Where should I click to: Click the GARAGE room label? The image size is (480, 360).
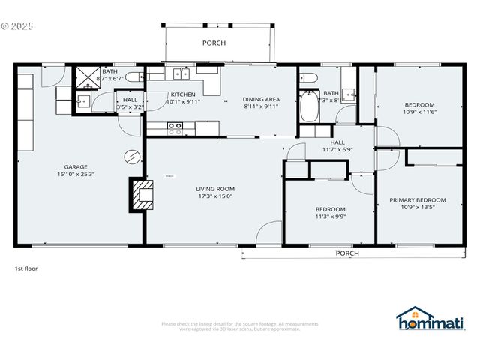[x=76, y=167]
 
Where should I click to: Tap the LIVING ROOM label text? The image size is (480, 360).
[x=216, y=189]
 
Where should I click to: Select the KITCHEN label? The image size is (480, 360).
[x=182, y=94]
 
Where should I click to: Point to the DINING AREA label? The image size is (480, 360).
[x=261, y=99]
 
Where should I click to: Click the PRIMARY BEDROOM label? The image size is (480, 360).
[x=418, y=200]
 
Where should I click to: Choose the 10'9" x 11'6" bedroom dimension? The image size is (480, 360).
[x=420, y=112]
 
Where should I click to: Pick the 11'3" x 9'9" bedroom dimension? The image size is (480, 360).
[x=330, y=216]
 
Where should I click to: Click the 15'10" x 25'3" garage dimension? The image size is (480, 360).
[x=76, y=175]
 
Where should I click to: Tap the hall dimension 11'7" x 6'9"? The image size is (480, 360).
[x=337, y=149]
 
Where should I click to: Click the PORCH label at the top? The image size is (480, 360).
[x=214, y=43]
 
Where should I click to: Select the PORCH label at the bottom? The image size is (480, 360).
[x=346, y=253]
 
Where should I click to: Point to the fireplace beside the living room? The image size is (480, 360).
[x=140, y=194]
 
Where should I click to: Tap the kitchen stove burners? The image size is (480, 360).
[x=175, y=128]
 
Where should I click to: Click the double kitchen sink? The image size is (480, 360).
[x=181, y=73]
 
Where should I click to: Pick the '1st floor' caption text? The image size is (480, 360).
[x=26, y=268]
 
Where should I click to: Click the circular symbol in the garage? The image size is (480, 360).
[x=132, y=156]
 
